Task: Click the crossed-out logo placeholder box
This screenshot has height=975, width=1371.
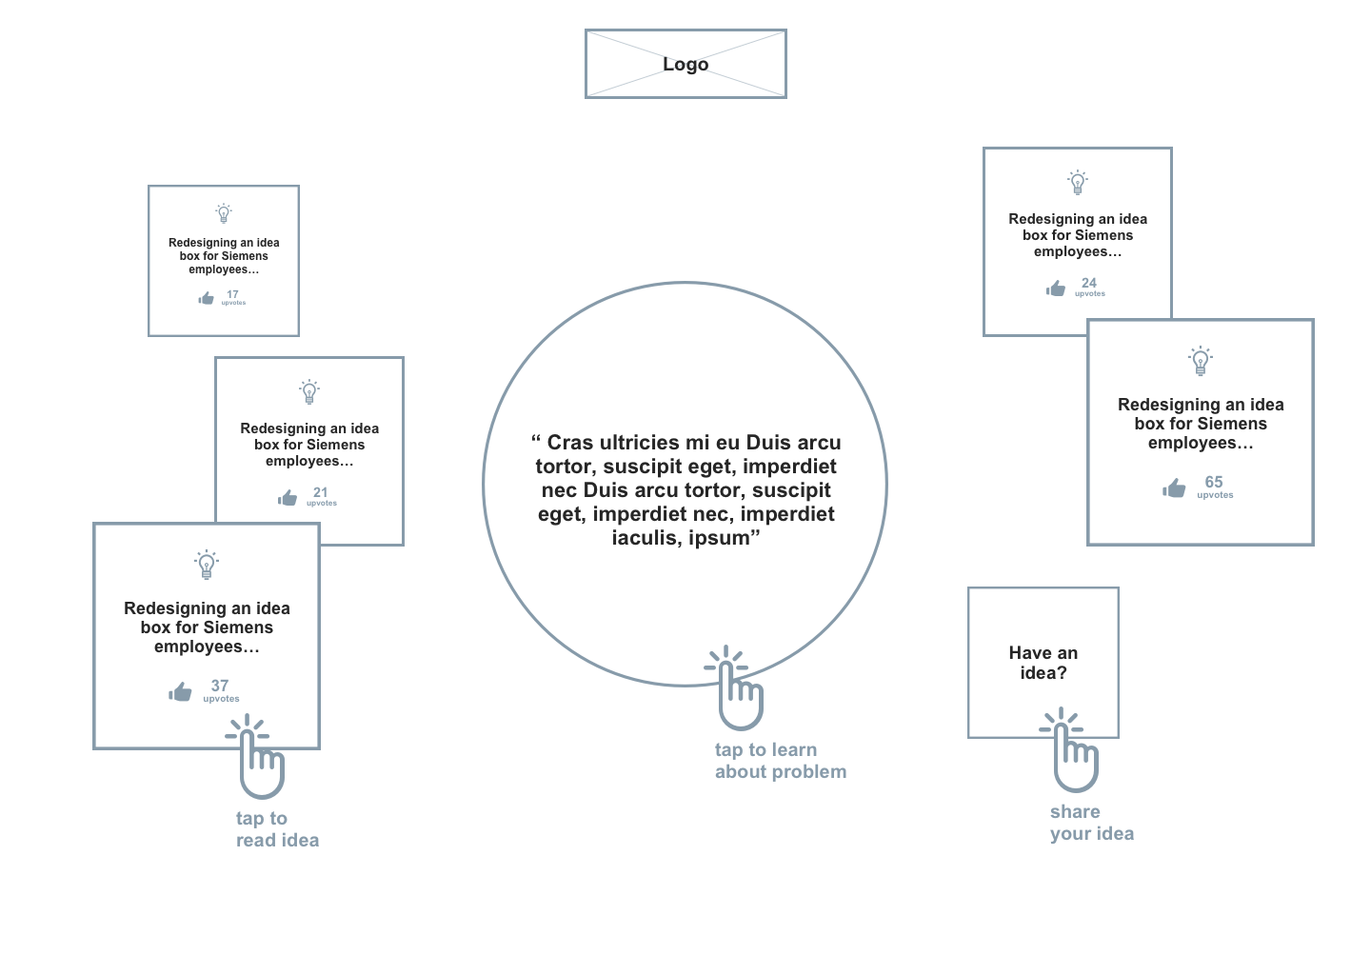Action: [x=685, y=64]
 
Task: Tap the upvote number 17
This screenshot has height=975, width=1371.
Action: [x=232, y=294]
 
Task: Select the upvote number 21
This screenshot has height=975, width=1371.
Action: [x=321, y=492]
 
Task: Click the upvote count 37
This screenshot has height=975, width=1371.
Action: [x=220, y=686]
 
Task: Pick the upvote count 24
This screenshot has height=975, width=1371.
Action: [x=1089, y=283]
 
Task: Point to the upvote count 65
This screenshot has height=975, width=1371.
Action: [x=1214, y=482]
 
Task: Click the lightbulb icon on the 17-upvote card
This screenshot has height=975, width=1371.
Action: [x=224, y=213]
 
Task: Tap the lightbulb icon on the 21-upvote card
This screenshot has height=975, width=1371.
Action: [x=309, y=391]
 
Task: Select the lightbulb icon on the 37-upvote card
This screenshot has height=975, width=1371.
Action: [x=207, y=565]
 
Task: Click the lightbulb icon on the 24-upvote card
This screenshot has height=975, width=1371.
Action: [x=1078, y=183]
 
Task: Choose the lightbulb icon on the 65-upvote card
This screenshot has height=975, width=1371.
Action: [x=1201, y=361]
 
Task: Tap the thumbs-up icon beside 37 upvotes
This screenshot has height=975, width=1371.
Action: [x=180, y=692]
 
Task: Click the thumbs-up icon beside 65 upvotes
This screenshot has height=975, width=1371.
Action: [x=1174, y=488]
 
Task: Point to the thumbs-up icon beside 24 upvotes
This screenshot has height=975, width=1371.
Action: [x=1055, y=289]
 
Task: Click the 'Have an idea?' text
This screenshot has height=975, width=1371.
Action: [x=1043, y=663]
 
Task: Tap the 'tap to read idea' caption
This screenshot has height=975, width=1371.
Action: [x=277, y=829]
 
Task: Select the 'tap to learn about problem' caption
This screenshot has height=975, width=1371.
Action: [x=780, y=761]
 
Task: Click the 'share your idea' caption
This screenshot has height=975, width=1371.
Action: [x=1091, y=823]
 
